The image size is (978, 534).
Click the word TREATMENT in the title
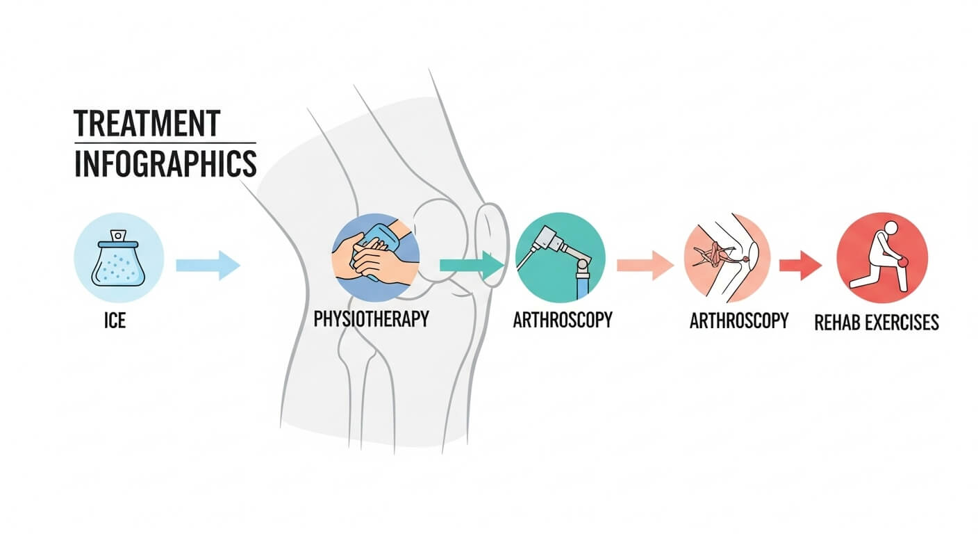coord(147,123)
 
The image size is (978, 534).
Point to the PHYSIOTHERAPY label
coord(371,320)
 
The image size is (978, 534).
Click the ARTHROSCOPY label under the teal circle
coord(563,320)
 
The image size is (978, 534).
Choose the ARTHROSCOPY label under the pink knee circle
coord(739,321)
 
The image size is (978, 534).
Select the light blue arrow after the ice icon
coord(208,265)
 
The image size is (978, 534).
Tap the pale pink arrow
coord(645,265)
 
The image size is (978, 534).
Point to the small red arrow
coord(800,265)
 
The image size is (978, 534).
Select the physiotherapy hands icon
coord(375,257)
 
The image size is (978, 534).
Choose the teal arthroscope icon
coord(561,257)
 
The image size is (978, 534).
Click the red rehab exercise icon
coord(882,257)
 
